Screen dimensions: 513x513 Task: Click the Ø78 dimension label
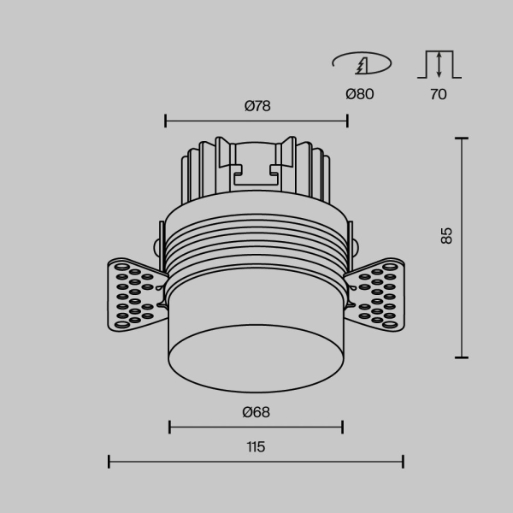click(257, 106)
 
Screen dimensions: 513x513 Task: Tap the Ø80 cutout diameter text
click(360, 94)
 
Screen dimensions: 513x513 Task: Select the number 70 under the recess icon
click(438, 94)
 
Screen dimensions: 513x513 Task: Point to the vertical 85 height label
click(445, 236)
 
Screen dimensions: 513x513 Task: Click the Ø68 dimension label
click(256, 412)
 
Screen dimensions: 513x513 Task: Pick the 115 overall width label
click(256, 446)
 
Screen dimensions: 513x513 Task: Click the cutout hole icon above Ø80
click(361, 63)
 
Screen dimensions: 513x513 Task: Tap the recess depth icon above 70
click(439, 65)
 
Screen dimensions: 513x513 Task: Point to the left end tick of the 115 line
click(109, 463)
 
